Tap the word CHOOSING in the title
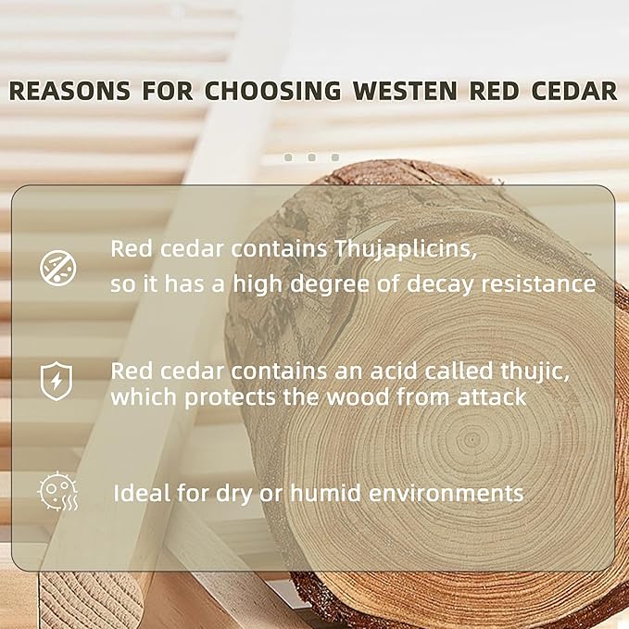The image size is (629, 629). [272, 91]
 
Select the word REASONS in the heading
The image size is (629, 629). [69, 91]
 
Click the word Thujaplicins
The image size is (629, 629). [406, 249]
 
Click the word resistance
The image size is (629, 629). [539, 284]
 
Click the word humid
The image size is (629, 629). [325, 492]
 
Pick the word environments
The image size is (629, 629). [447, 493]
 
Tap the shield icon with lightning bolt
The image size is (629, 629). [57, 381]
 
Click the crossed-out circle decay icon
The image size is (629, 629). [58, 268]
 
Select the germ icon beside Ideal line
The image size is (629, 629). [57, 491]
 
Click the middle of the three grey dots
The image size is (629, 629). [311, 157]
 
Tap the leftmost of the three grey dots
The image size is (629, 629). [288, 157]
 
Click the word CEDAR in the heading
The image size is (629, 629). [574, 91]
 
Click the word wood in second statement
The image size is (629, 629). [358, 396]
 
